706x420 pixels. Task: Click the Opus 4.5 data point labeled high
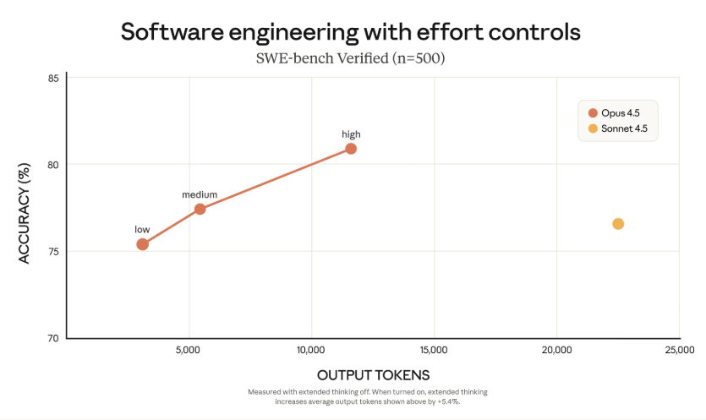click(x=351, y=149)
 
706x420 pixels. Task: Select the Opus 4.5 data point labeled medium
click(x=200, y=209)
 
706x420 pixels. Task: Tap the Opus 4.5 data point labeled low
click(x=142, y=244)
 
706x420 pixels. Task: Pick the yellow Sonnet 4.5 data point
click(x=618, y=224)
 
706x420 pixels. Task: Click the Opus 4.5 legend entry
click(x=616, y=113)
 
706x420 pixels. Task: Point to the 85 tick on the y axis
click(x=53, y=79)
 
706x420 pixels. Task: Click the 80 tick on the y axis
click(x=53, y=165)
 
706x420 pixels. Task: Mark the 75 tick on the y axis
click(x=53, y=252)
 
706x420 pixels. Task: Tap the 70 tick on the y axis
click(x=53, y=338)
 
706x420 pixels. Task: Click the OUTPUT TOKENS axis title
click(x=373, y=374)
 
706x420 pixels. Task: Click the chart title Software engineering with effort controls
click(x=350, y=32)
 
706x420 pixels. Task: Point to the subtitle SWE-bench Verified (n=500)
click(x=350, y=58)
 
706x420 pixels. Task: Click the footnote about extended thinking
click(x=368, y=397)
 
